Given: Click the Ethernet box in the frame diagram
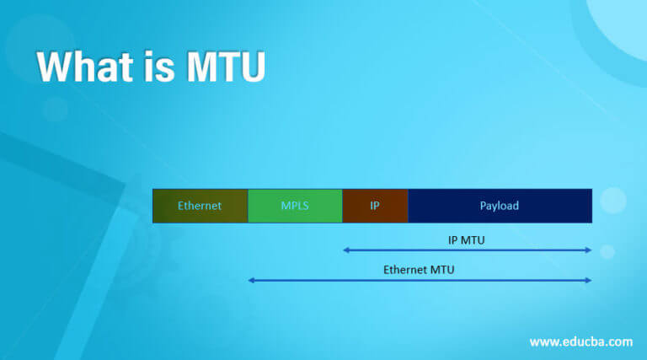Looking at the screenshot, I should click(x=200, y=206).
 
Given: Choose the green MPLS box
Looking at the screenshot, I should click(x=295, y=206).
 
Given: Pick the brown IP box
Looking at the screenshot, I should click(x=375, y=206).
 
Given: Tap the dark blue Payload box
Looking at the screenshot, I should click(x=500, y=206).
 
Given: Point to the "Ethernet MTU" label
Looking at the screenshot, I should click(x=420, y=270).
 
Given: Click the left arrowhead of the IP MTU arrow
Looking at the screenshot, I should click(x=345, y=250).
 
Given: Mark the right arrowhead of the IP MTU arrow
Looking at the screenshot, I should click(x=589, y=250).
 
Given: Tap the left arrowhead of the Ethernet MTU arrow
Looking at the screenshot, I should click(x=251, y=280).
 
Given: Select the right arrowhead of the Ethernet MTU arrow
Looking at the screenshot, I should click(x=589, y=280).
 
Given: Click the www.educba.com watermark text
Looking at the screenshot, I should click(x=580, y=341).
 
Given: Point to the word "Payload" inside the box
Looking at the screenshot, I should click(x=500, y=206).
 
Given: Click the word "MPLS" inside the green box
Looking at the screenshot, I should click(x=295, y=206).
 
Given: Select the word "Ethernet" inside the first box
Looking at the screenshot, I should click(x=200, y=206).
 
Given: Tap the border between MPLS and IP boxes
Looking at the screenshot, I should click(x=343, y=206).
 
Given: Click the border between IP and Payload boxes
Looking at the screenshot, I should click(x=408, y=206).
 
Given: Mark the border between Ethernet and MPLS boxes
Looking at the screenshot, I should click(x=248, y=206).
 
